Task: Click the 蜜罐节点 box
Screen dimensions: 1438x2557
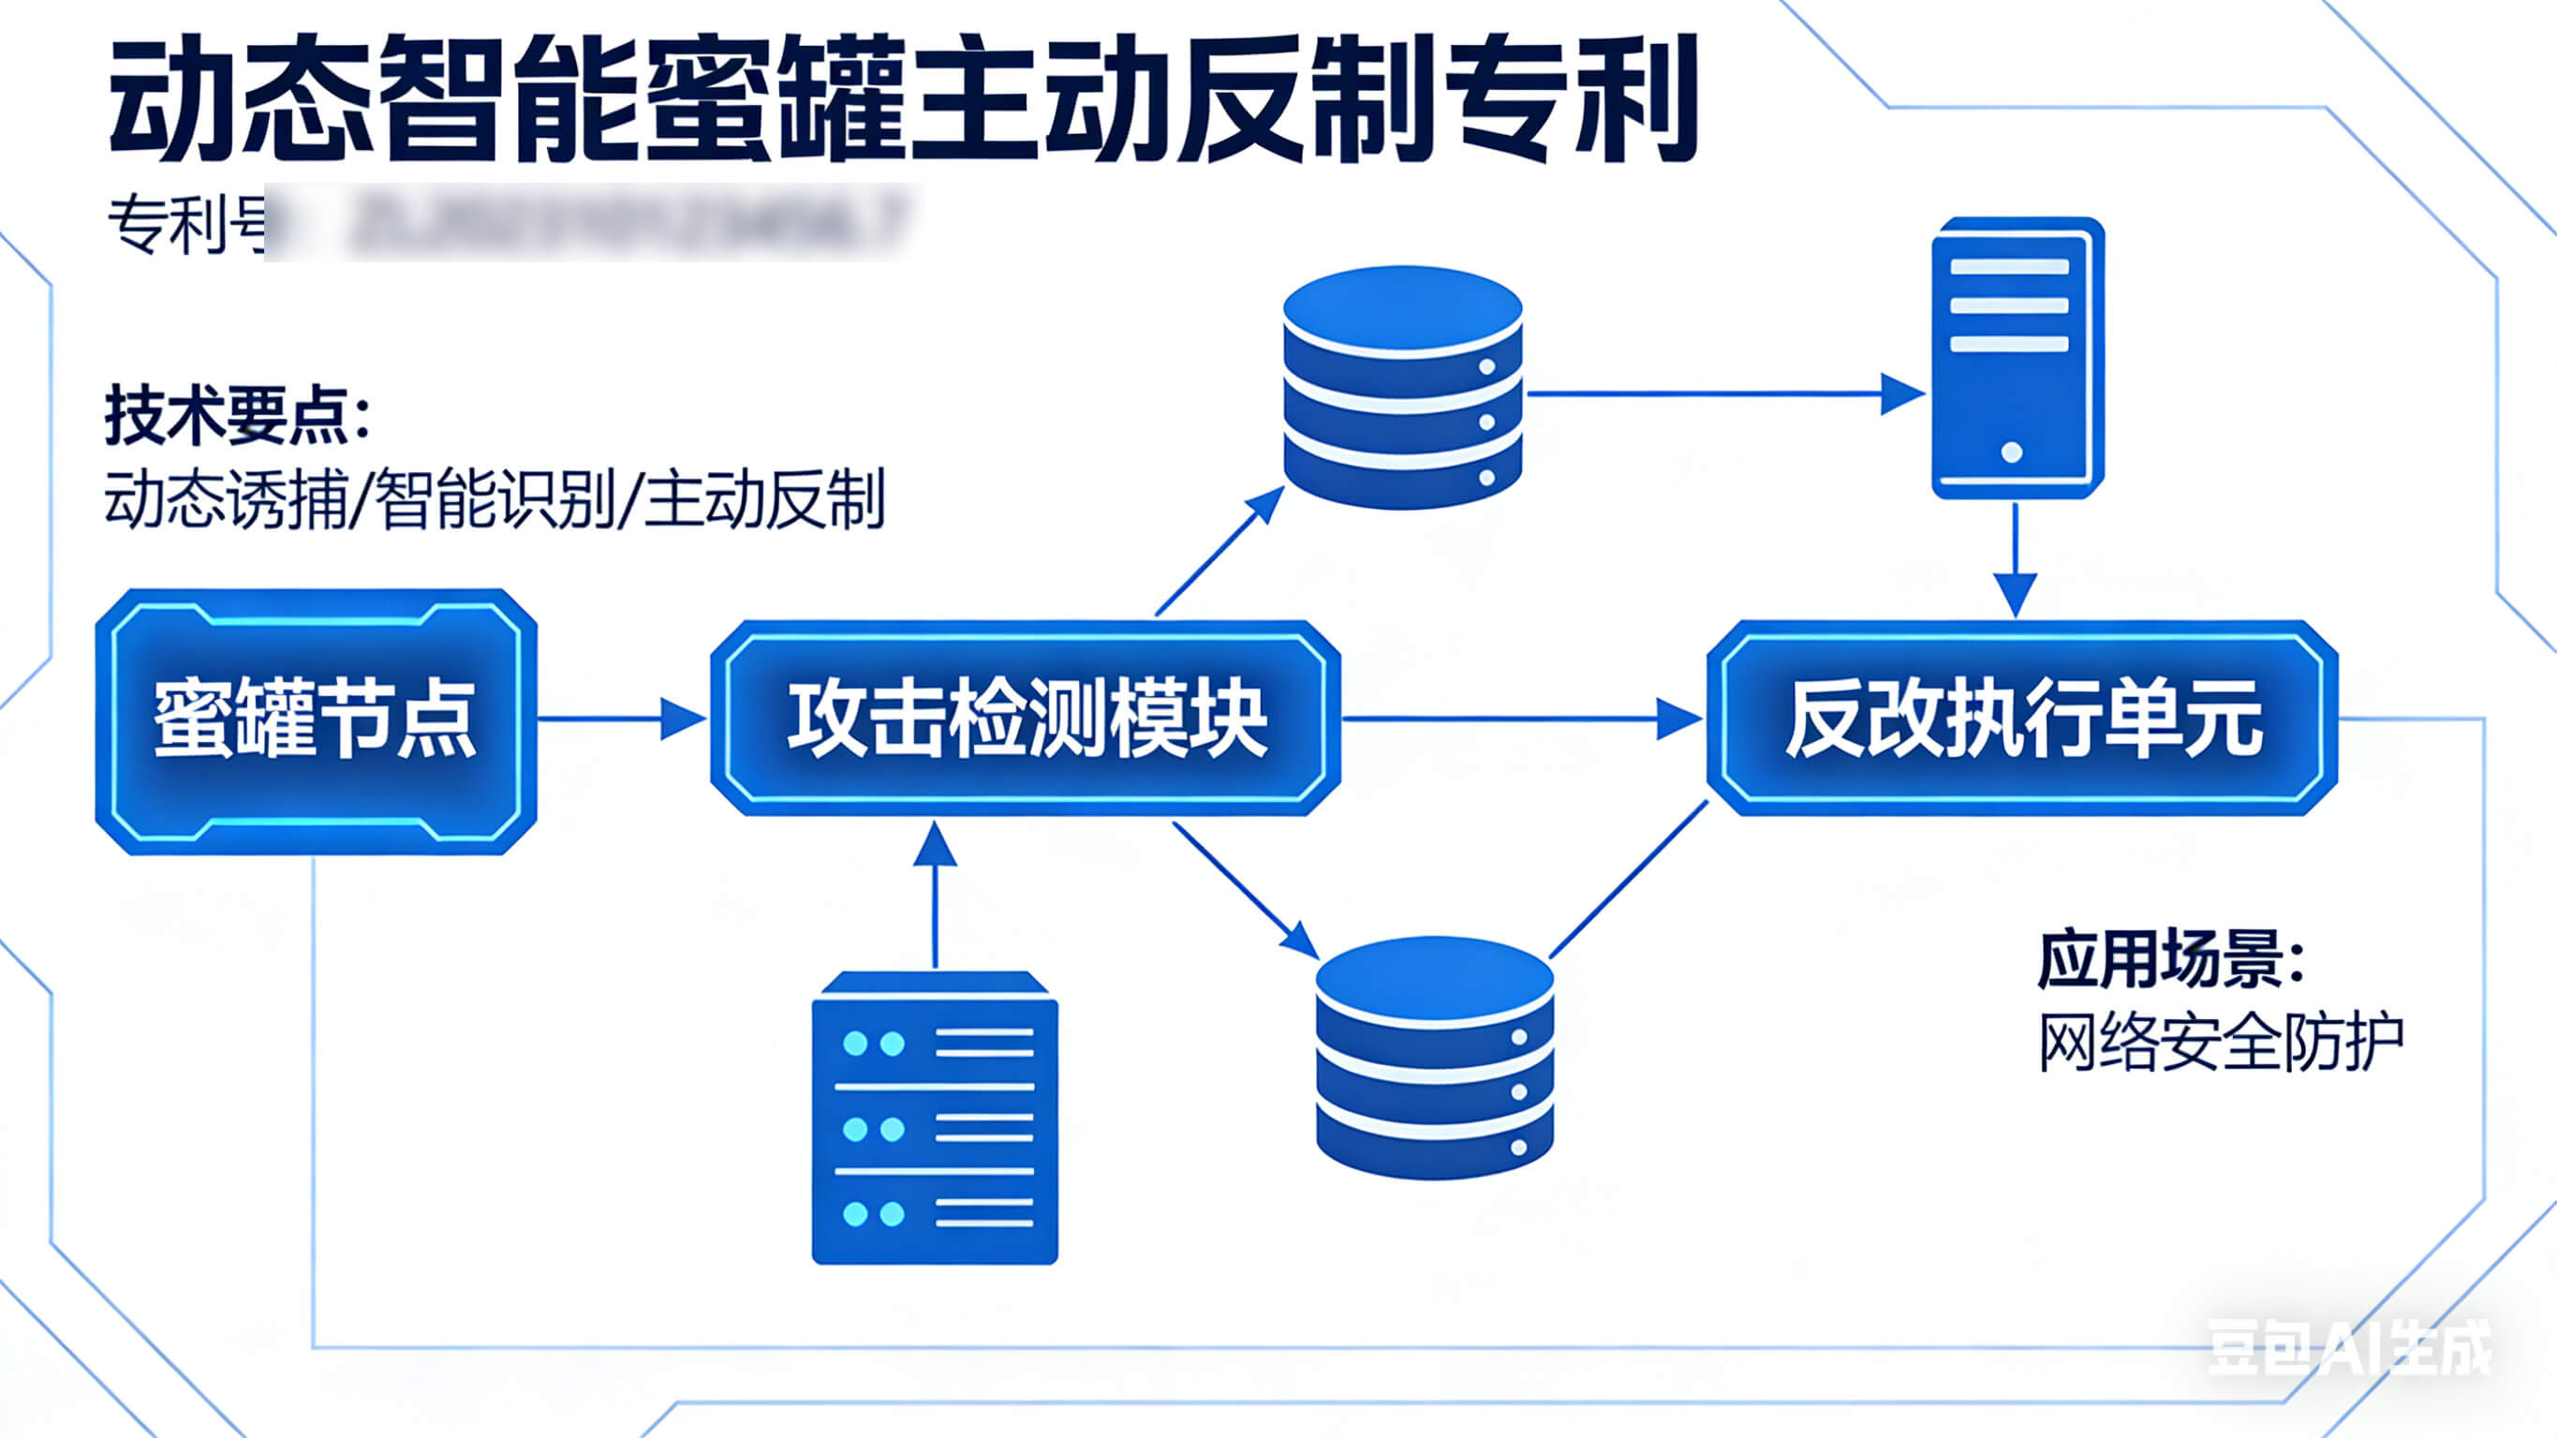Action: click(x=316, y=721)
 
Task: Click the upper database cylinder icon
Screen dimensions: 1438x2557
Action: click(x=1402, y=387)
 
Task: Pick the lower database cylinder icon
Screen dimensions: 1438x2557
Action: click(x=1434, y=1059)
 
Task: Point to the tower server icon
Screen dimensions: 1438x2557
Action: click(x=2016, y=358)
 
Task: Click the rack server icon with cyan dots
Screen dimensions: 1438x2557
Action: click(x=934, y=1119)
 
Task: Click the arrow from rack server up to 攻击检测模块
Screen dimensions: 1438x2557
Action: click(x=934, y=894)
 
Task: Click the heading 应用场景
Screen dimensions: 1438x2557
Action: click(x=2170, y=959)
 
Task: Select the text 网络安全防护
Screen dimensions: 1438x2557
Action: click(x=2221, y=1043)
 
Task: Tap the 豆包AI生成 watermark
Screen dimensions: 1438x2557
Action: click(x=2348, y=1349)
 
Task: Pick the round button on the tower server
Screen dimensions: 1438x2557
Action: click(x=2012, y=452)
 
